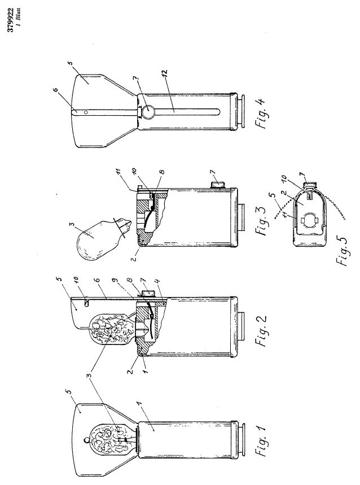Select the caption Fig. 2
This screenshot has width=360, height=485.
[262, 330]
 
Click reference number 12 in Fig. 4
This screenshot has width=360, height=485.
[164, 73]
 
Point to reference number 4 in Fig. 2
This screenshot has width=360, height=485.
[158, 282]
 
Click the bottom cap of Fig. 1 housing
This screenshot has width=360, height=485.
[241, 440]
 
